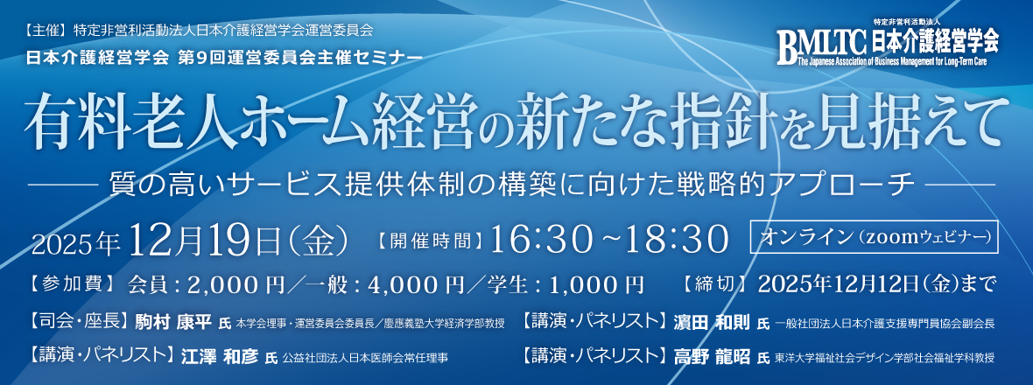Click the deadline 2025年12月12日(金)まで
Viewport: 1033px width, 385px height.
coord(878,283)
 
